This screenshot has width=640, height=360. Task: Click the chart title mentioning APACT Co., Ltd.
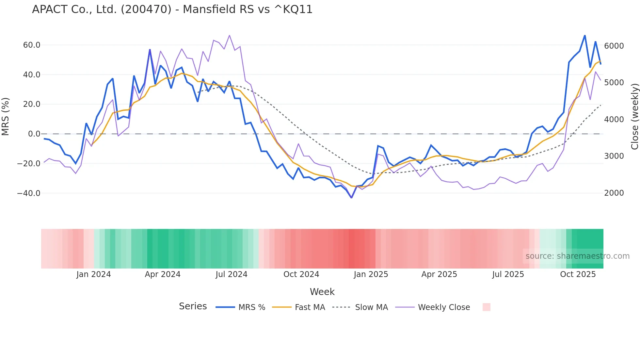point(172,9)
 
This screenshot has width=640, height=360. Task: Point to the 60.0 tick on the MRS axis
point(32,45)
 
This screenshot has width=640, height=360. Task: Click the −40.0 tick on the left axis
point(29,193)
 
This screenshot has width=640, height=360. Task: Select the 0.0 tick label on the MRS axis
point(34,134)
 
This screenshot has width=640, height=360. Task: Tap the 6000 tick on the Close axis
point(614,46)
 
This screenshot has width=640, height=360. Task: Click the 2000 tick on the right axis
point(614,193)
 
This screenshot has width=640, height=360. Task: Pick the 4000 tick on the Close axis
point(614,120)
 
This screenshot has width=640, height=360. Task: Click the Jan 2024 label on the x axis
point(94,274)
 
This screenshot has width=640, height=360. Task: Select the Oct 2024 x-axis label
point(301,274)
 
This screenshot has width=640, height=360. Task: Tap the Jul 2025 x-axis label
point(508,274)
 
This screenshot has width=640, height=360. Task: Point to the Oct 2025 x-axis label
point(578,274)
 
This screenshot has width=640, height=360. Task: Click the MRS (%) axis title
point(6,116)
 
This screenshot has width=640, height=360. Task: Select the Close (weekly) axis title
point(634,116)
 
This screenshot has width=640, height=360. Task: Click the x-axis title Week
point(322,292)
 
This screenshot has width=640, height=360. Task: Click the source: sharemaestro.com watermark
point(577,256)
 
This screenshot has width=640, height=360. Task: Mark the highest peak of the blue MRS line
point(585,35)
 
